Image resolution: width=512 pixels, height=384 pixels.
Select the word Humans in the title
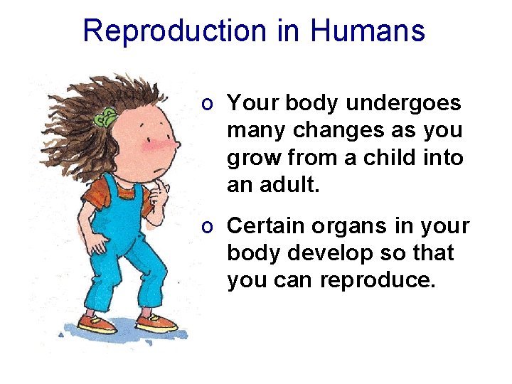pos(368,31)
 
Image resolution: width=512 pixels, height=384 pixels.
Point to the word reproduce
pos(377,280)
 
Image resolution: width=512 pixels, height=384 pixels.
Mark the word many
pos(255,131)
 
